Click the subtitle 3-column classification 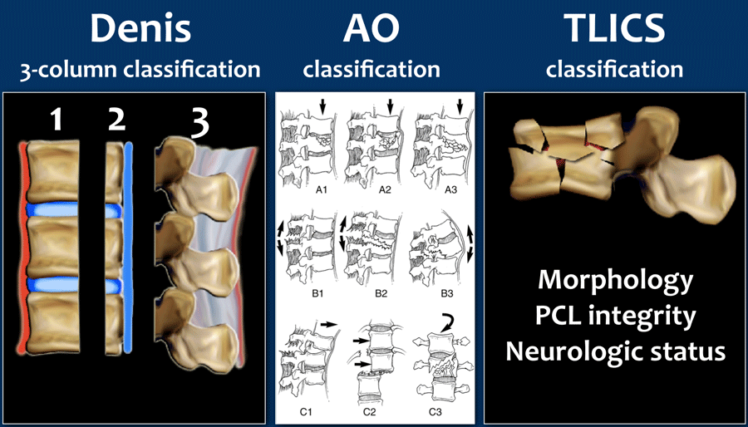pyautogui.click(x=140, y=69)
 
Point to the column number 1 pyautogui.click(x=56, y=121)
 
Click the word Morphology pyautogui.click(x=615, y=280)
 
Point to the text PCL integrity pyautogui.click(x=615, y=316)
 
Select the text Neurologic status pyautogui.click(x=615, y=351)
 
